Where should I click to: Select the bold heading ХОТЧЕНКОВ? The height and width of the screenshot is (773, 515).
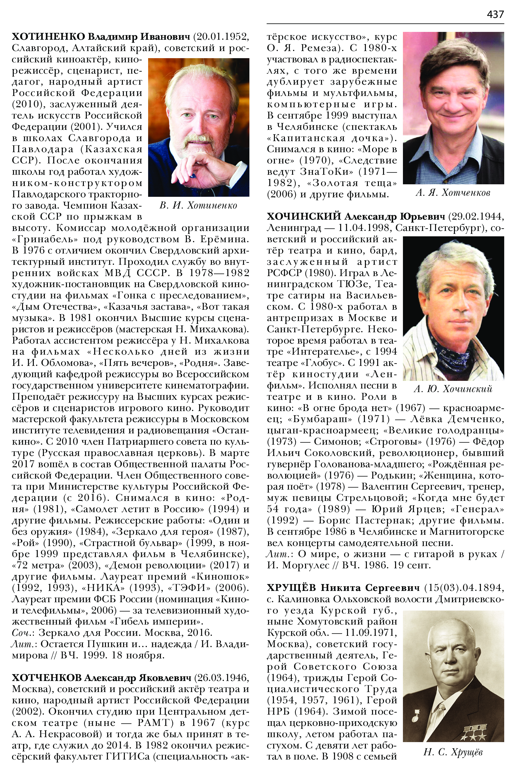[x=47, y=678]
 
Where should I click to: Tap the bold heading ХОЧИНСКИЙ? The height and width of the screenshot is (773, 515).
[x=304, y=217]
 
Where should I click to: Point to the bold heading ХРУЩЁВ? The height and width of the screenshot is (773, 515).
[x=292, y=588]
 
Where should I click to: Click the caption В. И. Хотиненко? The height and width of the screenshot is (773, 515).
[x=198, y=206]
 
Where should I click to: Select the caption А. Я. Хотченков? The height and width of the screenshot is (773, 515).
[x=453, y=193]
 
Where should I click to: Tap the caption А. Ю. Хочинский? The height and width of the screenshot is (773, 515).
[x=453, y=389]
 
